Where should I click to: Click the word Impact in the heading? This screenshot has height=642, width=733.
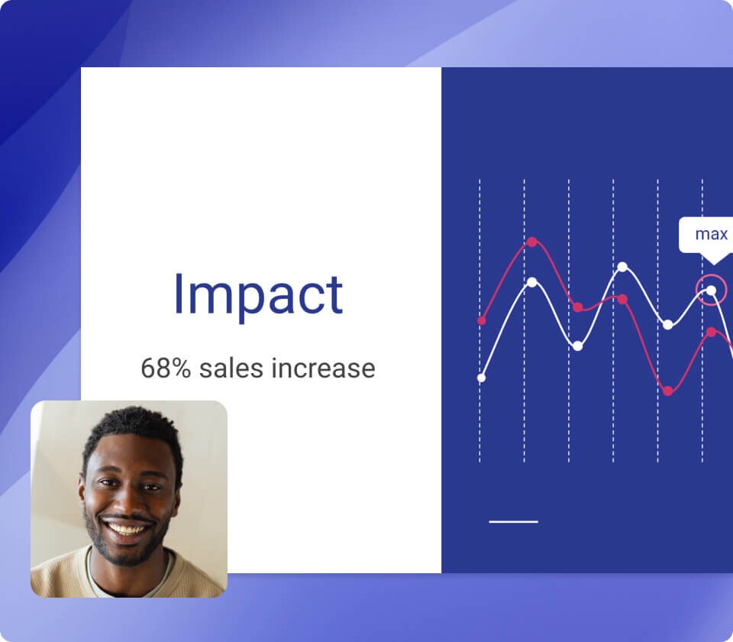[x=258, y=293]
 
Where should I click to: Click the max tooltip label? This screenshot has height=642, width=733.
[x=710, y=234]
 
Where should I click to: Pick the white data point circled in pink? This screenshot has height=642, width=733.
[x=711, y=290]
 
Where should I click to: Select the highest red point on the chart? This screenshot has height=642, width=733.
[x=532, y=242]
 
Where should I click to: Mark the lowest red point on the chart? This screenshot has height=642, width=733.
[x=668, y=391]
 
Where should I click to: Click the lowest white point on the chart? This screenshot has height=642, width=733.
[x=481, y=378]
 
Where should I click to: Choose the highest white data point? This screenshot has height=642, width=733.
[x=622, y=267]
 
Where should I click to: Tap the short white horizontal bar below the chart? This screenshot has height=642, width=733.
[x=513, y=522]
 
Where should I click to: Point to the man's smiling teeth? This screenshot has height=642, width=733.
[x=128, y=529]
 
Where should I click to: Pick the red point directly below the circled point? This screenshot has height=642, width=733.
[x=711, y=332]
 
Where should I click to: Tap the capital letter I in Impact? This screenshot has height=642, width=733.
[x=179, y=293]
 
